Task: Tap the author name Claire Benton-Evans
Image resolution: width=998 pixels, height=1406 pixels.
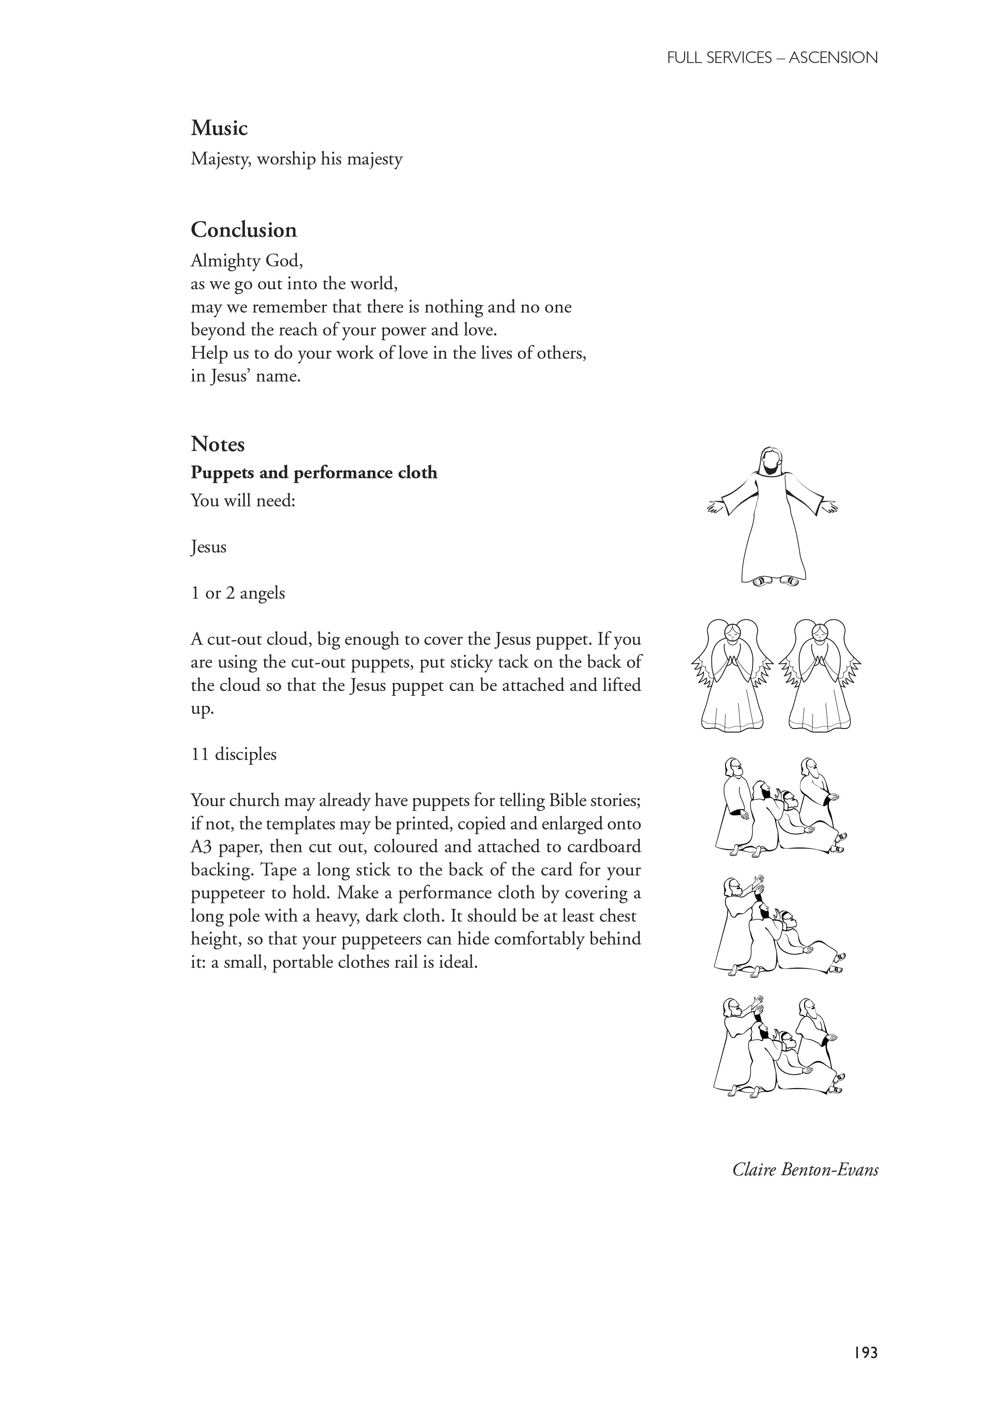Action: (x=805, y=1170)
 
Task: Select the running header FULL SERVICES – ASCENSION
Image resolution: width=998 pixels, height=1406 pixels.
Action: (x=772, y=58)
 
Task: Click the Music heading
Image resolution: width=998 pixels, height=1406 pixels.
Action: (x=219, y=128)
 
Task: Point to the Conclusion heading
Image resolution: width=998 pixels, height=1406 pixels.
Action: (x=243, y=230)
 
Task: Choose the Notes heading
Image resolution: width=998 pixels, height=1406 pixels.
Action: (x=218, y=444)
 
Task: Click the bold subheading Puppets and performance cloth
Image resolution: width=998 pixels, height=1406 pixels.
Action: (x=314, y=472)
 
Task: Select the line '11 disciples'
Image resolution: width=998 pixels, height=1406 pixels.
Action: (x=234, y=754)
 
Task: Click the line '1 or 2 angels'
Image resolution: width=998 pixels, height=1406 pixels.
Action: (x=238, y=593)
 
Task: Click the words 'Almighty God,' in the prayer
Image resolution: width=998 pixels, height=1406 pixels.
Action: (x=247, y=261)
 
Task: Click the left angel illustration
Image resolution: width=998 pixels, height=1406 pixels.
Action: (x=732, y=675)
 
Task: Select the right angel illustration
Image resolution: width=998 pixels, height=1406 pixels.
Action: (x=819, y=675)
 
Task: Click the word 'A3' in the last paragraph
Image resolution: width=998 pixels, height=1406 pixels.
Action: (x=202, y=847)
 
